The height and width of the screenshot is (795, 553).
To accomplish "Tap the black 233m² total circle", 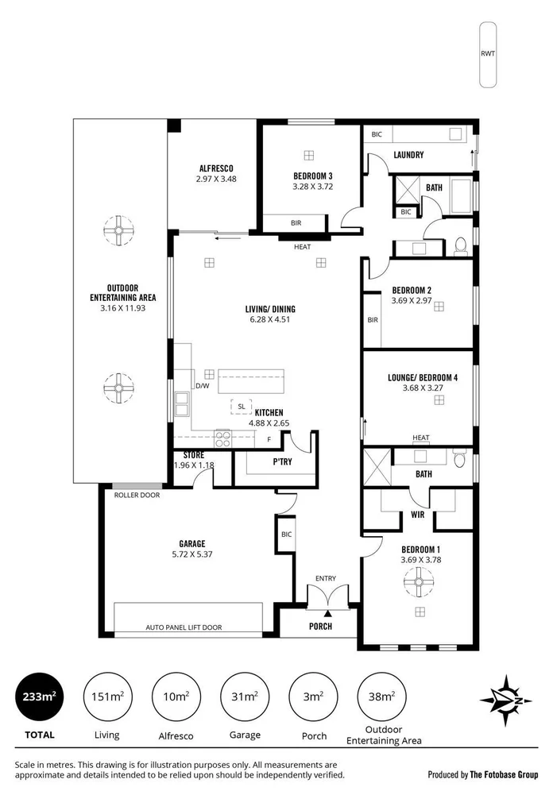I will [x=37, y=697].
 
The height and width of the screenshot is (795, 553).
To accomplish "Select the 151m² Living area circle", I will [x=106, y=697].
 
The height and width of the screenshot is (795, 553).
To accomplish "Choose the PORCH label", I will [x=320, y=626].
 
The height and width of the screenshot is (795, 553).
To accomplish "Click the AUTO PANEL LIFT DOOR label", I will [x=184, y=627].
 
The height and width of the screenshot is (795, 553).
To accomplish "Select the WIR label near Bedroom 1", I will [x=417, y=514].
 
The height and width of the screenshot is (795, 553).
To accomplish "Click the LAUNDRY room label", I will [x=408, y=155].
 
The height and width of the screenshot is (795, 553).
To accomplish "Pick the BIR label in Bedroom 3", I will [x=295, y=224].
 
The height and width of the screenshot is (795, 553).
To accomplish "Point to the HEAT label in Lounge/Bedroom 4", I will [x=421, y=438].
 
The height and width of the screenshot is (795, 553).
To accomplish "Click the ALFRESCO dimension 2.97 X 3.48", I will [x=216, y=179].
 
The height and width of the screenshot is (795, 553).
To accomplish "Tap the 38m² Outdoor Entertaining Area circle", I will [x=380, y=697].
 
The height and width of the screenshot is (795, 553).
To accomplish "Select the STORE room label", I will [x=194, y=455].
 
